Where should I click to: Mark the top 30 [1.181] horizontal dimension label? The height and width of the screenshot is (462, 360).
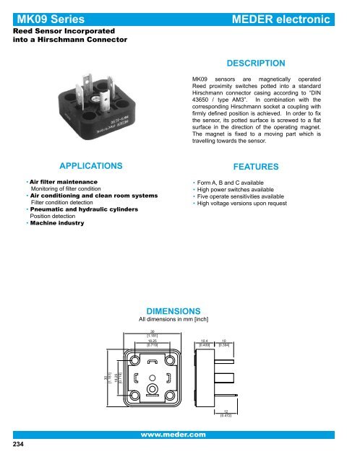(153, 334)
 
